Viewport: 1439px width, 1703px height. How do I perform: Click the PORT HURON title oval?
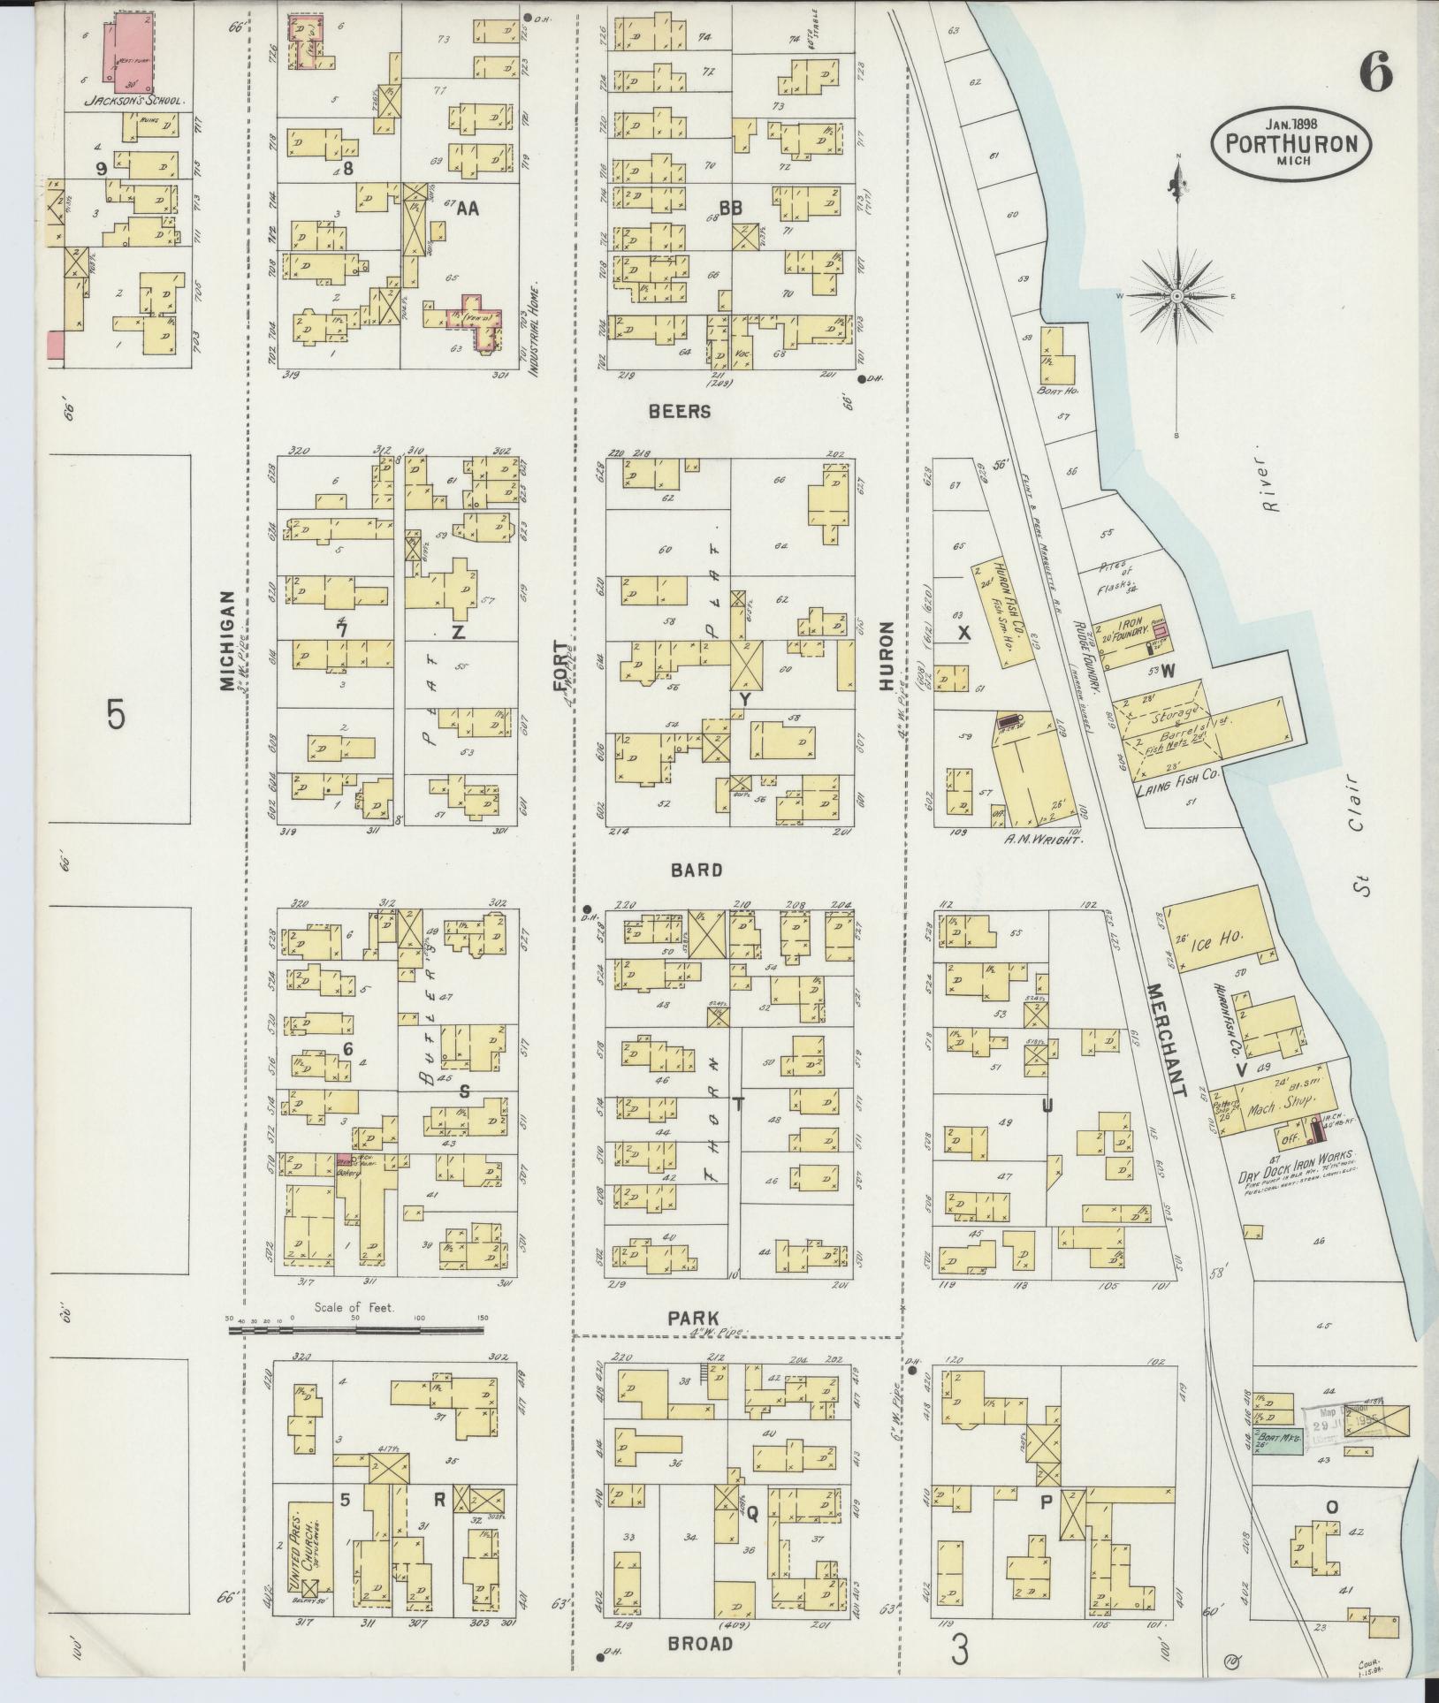[x=1291, y=143]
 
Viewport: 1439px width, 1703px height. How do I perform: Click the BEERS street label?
[x=679, y=412]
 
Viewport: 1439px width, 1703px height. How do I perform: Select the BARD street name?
[x=697, y=871]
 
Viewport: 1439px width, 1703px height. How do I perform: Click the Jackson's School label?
[x=133, y=101]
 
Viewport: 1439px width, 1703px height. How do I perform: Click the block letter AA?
[x=468, y=209]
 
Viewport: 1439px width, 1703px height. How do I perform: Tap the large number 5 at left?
[x=116, y=714]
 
